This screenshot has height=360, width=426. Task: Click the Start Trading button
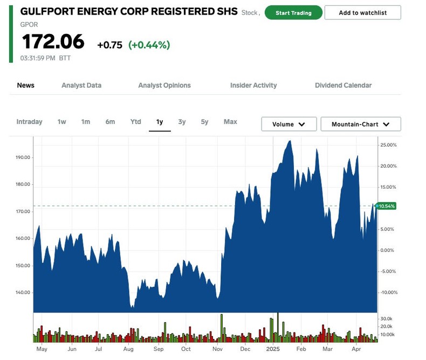pos(293,13)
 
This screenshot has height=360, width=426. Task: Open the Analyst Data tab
pos(81,85)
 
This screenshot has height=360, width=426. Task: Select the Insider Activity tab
pos(253,85)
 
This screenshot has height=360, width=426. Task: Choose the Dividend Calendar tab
pos(343,85)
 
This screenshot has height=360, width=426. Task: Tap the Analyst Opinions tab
pos(164,85)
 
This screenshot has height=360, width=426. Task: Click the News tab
pos(26,85)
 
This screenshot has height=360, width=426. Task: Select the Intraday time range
pos(29,122)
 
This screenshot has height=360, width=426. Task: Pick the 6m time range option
pos(110,122)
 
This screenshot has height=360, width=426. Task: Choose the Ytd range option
pos(136,122)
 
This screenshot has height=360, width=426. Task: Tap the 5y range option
pos(204,122)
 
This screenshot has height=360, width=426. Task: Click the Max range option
pos(230,122)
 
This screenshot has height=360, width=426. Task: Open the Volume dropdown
pos(288,124)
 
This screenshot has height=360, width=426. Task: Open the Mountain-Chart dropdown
pos(360,124)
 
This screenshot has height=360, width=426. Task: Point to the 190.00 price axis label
pos(23,158)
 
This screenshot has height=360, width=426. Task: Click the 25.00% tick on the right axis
pos(388,145)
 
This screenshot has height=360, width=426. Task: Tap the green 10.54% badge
pos(387,206)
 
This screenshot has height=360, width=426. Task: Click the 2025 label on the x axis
pos(273,349)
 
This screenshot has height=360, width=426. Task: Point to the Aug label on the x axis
pos(128,349)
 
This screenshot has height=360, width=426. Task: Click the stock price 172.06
pos(53,42)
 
